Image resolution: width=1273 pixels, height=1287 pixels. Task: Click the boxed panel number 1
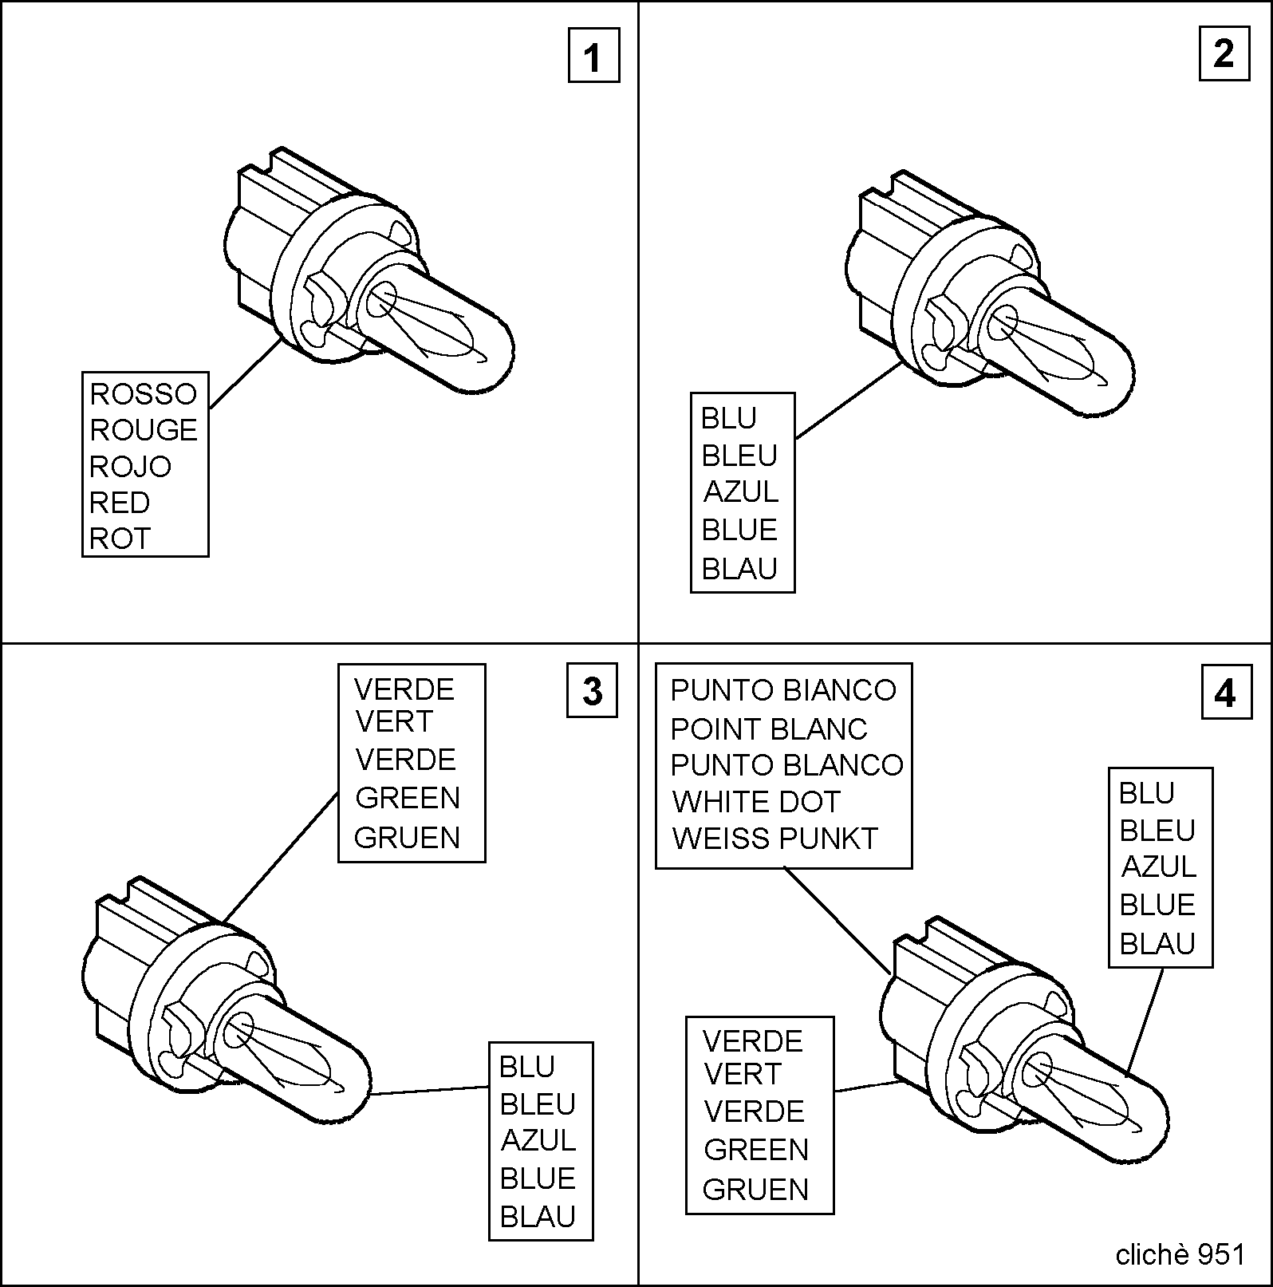pyautogui.click(x=593, y=56)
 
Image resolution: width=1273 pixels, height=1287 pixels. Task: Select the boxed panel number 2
pyautogui.click(x=1224, y=54)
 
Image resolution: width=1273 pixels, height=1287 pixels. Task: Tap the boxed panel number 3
pyautogui.click(x=592, y=691)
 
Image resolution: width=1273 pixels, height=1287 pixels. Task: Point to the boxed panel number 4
pyautogui.click(x=1226, y=693)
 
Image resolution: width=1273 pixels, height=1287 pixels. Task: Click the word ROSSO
pyautogui.click(x=143, y=393)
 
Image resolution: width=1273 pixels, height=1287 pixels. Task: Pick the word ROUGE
pyautogui.click(x=144, y=430)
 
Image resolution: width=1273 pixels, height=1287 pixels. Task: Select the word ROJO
pyautogui.click(x=130, y=466)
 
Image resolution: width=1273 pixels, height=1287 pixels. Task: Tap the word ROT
pyautogui.click(x=120, y=539)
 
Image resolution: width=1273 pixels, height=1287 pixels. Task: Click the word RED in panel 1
pyautogui.click(x=120, y=503)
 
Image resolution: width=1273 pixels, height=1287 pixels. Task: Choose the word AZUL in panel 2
pyautogui.click(x=741, y=492)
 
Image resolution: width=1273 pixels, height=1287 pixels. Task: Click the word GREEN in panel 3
pyautogui.click(x=408, y=798)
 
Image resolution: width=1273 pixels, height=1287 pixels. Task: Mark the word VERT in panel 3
pyautogui.click(x=393, y=721)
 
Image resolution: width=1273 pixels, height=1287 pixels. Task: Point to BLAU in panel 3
pyautogui.click(x=538, y=1217)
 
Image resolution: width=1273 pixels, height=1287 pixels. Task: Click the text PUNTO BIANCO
pyautogui.click(x=783, y=690)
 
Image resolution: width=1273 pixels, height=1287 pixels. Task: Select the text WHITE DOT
pyautogui.click(x=756, y=801)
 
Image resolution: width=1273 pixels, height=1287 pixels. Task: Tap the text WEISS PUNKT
pyautogui.click(x=774, y=839)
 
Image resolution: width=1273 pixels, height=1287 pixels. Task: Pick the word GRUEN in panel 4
pyautogui.click(x=755, y=1190)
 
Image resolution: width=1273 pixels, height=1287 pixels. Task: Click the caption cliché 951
pyautogui.click(x=1180, y=1255)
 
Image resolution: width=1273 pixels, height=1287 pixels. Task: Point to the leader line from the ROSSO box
pyautogui.click(x=245, y=373)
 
